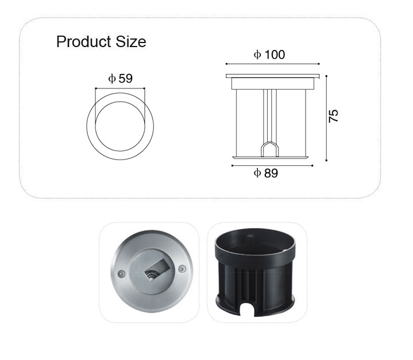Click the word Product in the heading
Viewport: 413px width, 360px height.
click(x=83, y=41)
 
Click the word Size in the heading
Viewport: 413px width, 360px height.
click(x=131, y=41)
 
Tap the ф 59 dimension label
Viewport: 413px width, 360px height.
click(x=121, y=79)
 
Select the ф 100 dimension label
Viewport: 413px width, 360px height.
click(x=269, y=55)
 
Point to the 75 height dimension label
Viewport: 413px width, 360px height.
click(x=333, y=116)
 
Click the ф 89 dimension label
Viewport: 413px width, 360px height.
click(x=266, y=173)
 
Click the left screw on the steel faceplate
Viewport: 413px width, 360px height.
click(x=121, y=273)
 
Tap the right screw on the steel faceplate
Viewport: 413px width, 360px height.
click(x=182, y=269)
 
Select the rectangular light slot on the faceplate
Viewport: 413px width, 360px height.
click(x=156, y=269)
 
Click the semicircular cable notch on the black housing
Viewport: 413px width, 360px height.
click(x=247, y=309)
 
